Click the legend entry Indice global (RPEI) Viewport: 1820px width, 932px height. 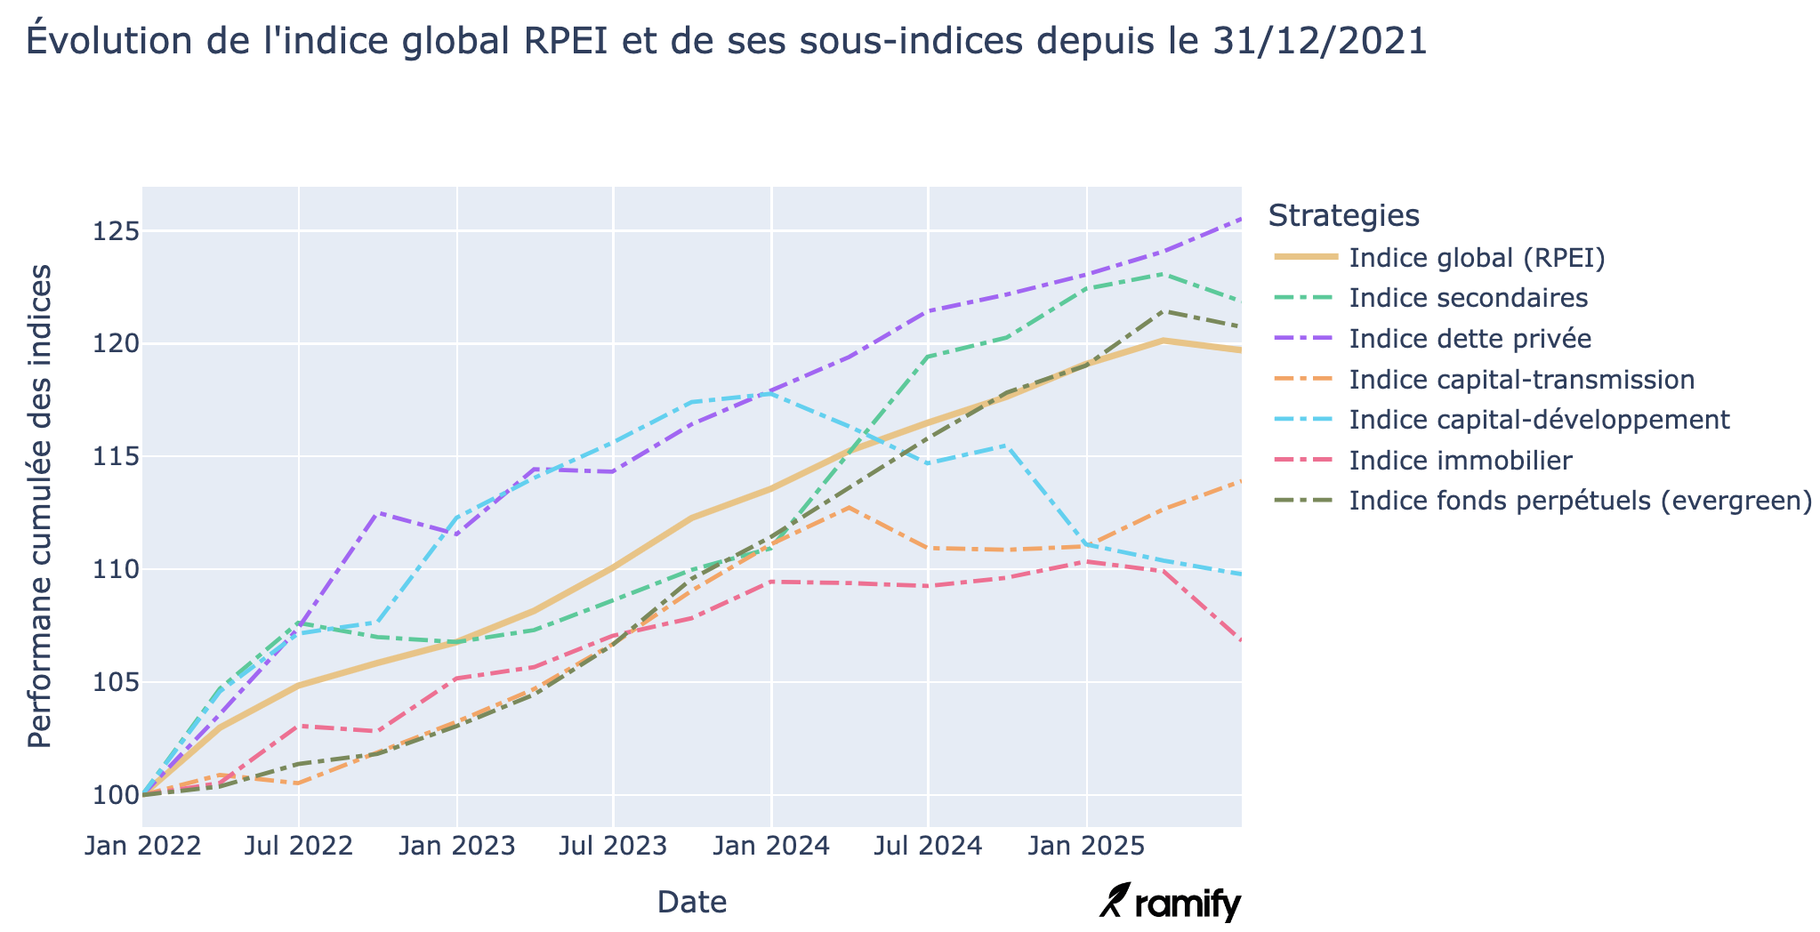pos(1477,258)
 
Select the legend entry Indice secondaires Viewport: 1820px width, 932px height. pos(1468,298)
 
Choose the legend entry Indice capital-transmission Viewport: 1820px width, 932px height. pos(1521,380)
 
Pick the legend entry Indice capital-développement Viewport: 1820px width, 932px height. pos(1539,420)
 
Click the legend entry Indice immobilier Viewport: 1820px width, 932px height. pos(1460,461)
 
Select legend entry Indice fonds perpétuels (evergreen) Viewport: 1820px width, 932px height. pos(1580,501)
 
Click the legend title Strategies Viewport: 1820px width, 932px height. pos(1342,215)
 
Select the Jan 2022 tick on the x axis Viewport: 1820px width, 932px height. pos(142,846)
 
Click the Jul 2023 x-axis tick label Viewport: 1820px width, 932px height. pos(614,846)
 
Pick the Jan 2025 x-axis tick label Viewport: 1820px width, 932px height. pos(1086,846)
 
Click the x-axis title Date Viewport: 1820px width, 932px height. pos(691,903)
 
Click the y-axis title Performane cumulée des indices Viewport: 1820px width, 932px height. pos(40,507)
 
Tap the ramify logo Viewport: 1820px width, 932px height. pos(1171,903)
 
